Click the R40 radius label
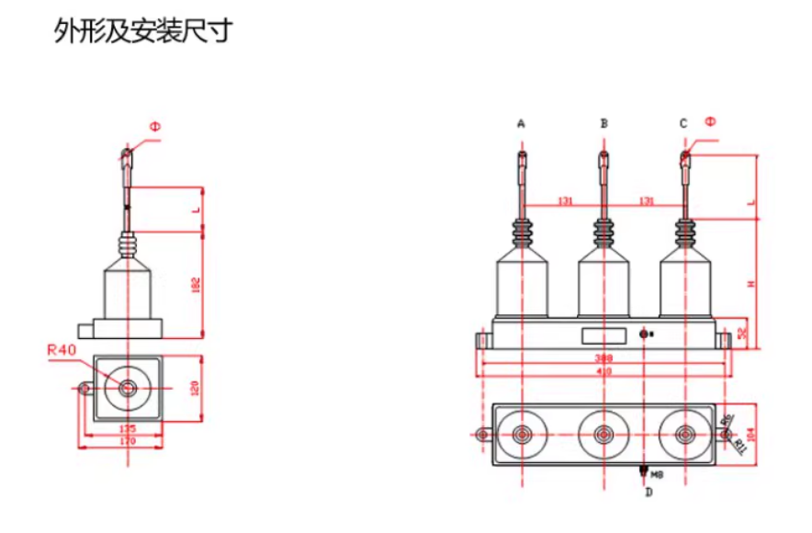tap(63, 349)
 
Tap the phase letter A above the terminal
tap(521, 122)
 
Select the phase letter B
tap(603, 122)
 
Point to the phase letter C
tap(683, 122)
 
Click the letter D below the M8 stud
tap(648, 493)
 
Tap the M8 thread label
tap(657, 475)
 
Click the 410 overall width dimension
tap(603, 371)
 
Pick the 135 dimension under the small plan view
tap(128, 429)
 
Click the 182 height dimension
tap(196, 286)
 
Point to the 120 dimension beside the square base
tap(194, 389)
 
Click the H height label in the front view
tap(750, 285)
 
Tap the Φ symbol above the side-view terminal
tap(154, 127)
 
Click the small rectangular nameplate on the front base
tap(603, 334)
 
